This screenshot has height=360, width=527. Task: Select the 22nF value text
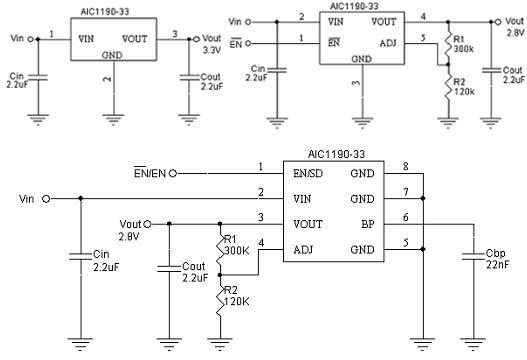(x=497, y=265)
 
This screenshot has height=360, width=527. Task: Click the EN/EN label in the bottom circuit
(x=152, y=173)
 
